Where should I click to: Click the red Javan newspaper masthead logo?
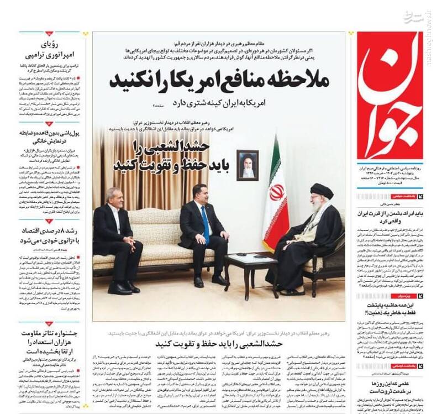coord(390,94)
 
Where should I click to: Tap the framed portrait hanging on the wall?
coord(248,165)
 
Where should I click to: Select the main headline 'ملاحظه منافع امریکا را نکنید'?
coord(219,81)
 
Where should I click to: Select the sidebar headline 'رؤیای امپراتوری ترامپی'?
coord(50,50)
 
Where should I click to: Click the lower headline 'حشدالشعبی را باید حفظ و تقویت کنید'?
coord(219,344)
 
